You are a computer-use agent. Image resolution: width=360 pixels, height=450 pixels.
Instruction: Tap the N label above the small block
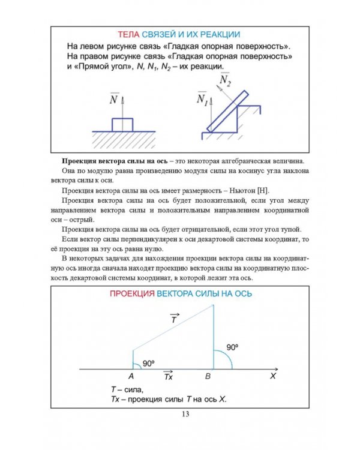113,100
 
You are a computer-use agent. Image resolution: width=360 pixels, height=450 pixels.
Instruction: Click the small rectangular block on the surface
122,125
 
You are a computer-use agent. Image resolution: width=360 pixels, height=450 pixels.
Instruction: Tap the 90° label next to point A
149,362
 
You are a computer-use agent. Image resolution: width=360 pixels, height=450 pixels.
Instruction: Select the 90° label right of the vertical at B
233,347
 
